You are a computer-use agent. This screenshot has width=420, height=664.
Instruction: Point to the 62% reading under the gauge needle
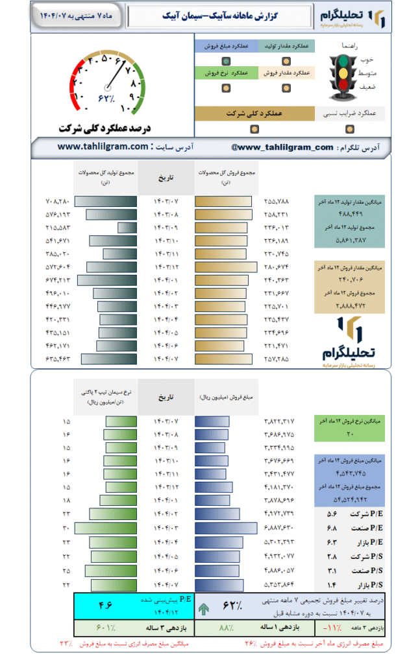click(x=106, y=98)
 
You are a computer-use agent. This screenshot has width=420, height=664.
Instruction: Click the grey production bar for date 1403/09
click(x=127, y=228)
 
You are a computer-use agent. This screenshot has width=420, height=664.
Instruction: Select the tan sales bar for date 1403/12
click(x=227, y=267)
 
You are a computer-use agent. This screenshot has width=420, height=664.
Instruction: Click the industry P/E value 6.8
click(x=332, y=528)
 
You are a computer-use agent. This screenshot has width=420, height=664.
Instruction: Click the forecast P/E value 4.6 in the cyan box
click(x=105, y=606)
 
